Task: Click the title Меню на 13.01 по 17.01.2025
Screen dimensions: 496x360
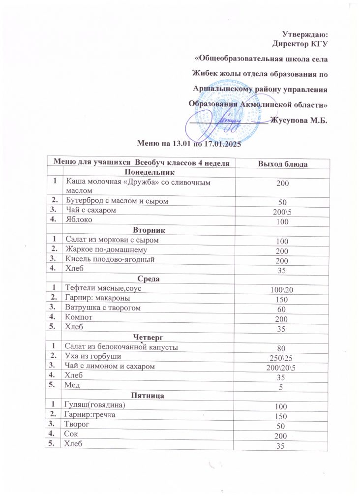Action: (x=189, y=144)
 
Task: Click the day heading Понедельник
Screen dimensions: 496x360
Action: (x=149, y=173)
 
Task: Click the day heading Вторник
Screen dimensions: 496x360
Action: (x=149, y=230)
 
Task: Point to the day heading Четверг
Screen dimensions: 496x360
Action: (x=149, y=337)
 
